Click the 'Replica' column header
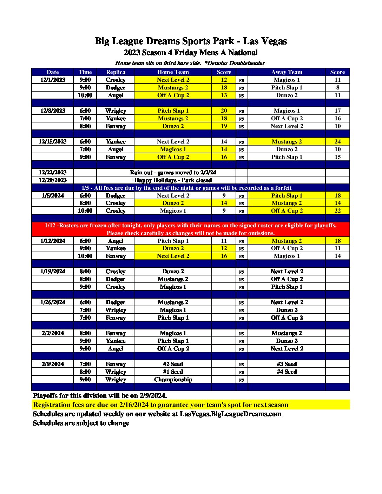click(116, 72)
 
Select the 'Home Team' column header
click(173, 72)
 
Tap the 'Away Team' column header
click(286, 72)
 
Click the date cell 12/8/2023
click(53, 111)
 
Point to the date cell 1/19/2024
click(53, 272)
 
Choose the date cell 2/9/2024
click(53, 364)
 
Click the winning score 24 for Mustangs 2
click(337, 142)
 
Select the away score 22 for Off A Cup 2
click(337, 211)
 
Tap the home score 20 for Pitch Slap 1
click(224, 111)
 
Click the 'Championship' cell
click(173, 380)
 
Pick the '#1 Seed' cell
click(173, 372)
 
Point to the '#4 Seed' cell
click(286, 372)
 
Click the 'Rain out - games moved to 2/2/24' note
click(173, 173)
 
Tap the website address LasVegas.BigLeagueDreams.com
click(230, 414)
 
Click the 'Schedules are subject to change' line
click(81, 423)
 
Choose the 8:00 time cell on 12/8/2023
click(85, 126)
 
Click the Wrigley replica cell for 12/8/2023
click(116, 111)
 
